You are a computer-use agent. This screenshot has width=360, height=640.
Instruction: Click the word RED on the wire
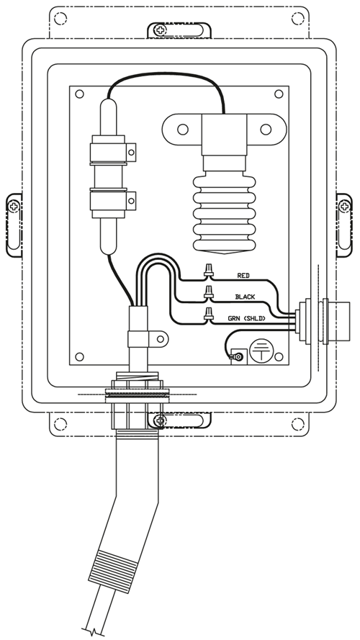pyautogui.click(x=243, y=276)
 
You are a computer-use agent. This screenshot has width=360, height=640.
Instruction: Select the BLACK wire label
pyautogui.click(x=245, y=297)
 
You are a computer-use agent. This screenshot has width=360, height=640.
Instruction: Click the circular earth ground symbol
pyautogui.click(x=261, y=351)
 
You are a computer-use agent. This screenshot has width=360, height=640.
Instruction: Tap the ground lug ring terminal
pyautogui.click(x=238, y=358)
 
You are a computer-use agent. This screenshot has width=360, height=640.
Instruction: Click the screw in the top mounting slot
pyautogui.click(x=161, y=30)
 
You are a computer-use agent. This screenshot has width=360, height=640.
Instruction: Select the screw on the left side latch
pyautogui.click(x=14, y=206)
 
